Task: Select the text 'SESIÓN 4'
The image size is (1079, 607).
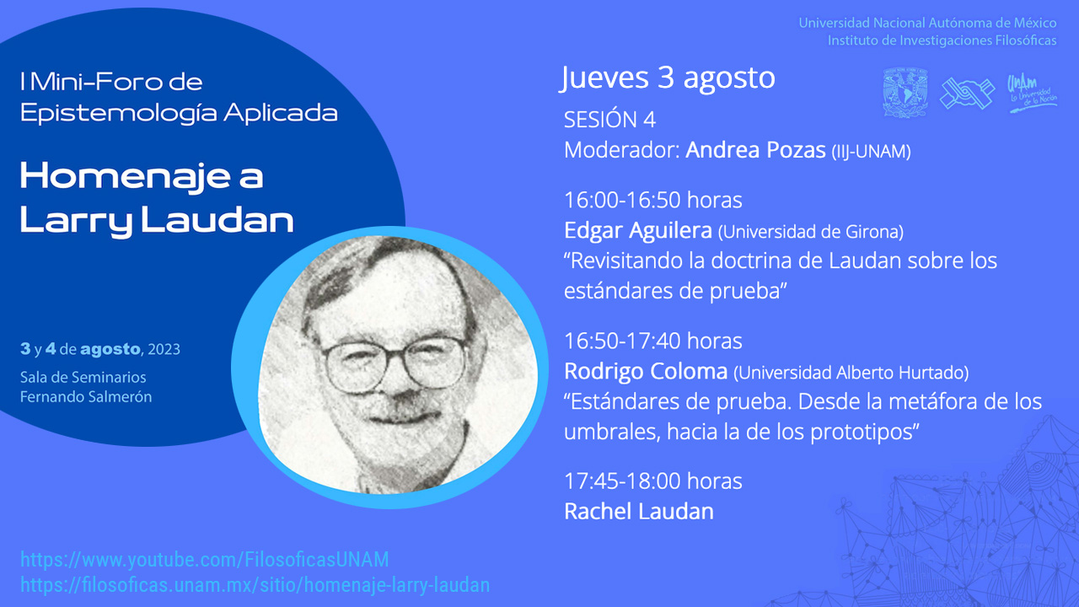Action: (x=609, y=120)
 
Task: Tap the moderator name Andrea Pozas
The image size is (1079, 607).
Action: (x=755, y=150)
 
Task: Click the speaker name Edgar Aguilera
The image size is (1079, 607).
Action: (x=638, y=231)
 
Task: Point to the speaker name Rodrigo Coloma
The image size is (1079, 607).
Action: (x=646, y=372)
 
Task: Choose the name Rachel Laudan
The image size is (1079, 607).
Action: (x=639, y=511)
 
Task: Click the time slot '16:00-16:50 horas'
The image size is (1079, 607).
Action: (x=652, y=200)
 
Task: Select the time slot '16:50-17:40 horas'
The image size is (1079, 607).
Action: (x=652, y=341)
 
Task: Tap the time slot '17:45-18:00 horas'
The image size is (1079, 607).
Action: (x=652, y=481)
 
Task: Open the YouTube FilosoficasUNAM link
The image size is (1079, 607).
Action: (x=204, y=560)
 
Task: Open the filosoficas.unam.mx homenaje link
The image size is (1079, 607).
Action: (x=255, y=585)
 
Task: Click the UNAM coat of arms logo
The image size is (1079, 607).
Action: (x=905, y=93)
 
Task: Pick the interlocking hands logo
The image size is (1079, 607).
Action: (x=967, y=93)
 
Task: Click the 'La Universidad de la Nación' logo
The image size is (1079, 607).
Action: (x=1032, y=94)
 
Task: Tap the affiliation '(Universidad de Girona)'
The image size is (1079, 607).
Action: (x=811, y=232)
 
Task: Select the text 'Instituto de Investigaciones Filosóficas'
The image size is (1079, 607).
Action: (x=942, y=40)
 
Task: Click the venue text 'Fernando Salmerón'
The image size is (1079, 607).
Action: (x=86, y=397)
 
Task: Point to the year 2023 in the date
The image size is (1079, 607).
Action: (x=164, y=349)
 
